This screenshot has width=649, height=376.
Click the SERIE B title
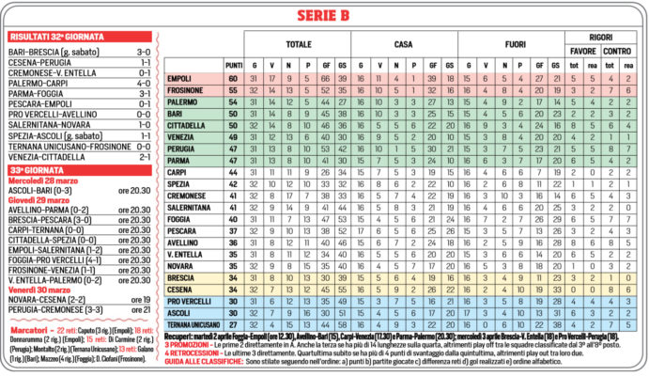(x=324, y=15)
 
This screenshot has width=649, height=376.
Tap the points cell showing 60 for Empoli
(x=234, y=78)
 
